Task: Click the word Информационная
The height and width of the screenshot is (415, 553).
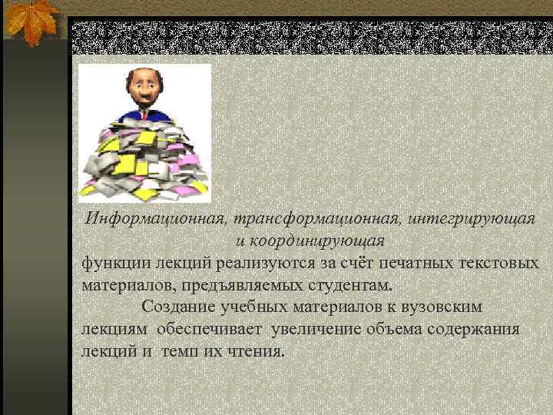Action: (153, 218)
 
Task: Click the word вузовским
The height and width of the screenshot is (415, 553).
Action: (439, 307)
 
